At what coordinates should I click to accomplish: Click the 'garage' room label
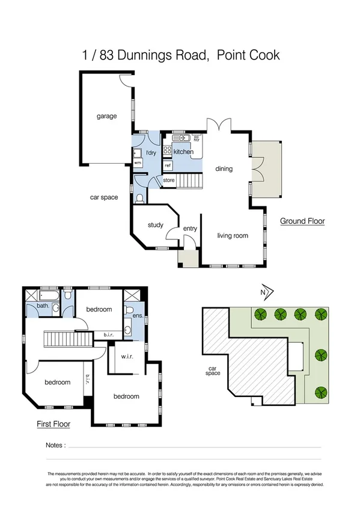point(107,116)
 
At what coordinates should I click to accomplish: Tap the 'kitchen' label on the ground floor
point(183,152)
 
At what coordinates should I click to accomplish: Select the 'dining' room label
point(224,169)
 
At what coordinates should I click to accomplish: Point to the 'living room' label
point(233,236)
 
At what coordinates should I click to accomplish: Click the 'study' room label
point(155,225)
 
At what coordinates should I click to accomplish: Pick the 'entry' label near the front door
point(190,229)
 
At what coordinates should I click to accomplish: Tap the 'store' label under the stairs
point(169,180)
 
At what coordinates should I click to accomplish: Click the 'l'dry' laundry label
point(150,152)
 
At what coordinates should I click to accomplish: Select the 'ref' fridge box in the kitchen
point(168,165)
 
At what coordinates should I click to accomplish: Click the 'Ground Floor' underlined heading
point(302,221)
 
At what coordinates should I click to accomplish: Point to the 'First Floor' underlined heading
point(53,424)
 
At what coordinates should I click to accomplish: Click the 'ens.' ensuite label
point(137,315)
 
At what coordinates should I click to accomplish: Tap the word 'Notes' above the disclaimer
point(55,446)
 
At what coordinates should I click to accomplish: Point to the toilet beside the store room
point(139,197)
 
